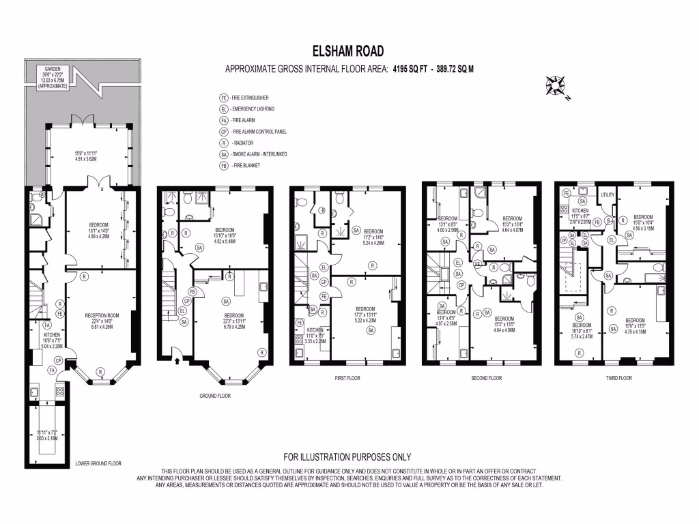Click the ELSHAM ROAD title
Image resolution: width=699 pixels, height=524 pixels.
pos(348,50)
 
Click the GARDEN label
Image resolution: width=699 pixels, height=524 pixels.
pos(53,70)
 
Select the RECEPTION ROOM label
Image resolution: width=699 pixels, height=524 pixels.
pos(102,315)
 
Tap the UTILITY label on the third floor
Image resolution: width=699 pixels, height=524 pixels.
pos(608,195)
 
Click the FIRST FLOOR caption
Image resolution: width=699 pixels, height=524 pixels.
pos(346,377)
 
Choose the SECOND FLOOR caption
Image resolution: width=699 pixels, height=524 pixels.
pos(487,377)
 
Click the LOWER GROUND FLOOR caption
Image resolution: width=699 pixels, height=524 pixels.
pos(98,463)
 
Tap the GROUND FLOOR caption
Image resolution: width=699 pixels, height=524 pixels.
pos(215,395)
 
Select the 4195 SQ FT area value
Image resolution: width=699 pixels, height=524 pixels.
pos(412,69)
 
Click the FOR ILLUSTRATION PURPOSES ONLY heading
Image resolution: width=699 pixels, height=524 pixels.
pos(347,457)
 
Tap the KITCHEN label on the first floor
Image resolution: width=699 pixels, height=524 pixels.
pos(305,330)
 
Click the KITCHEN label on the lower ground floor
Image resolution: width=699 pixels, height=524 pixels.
pos(53,336)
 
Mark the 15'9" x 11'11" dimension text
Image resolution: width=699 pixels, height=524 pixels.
pos(86,152)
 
